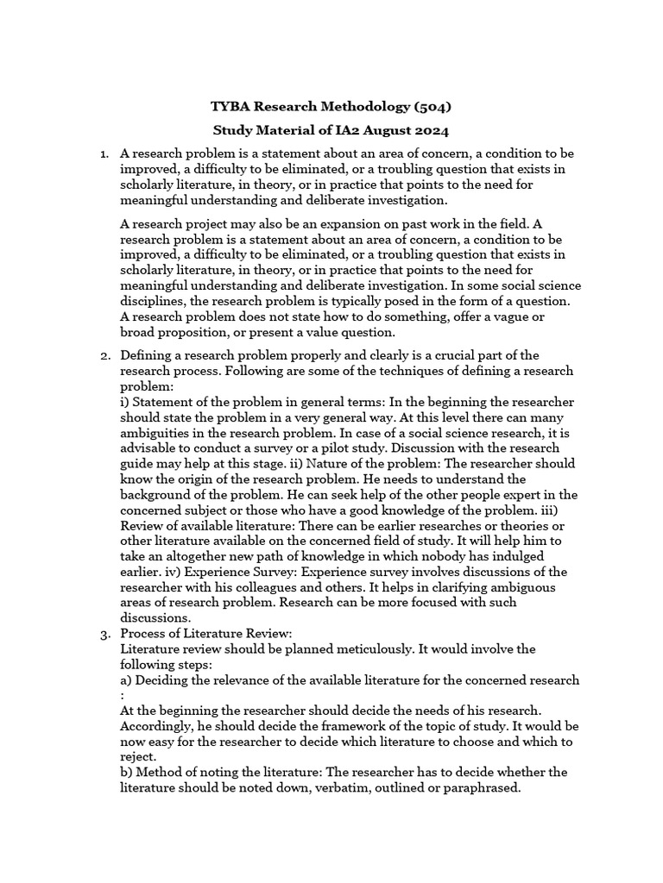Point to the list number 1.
point(103,153)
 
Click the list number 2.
point(103,355)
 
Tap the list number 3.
point(103,634)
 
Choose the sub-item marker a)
point(127,680)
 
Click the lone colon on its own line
point(123,695)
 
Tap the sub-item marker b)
point(127,773)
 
